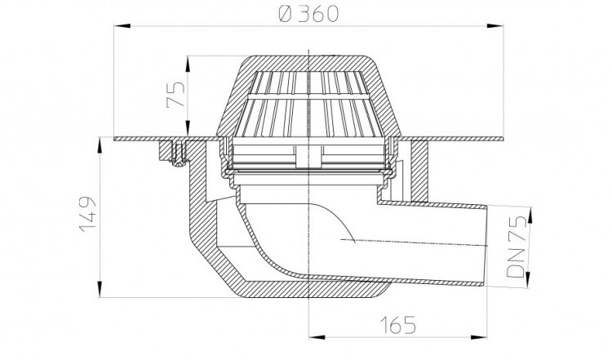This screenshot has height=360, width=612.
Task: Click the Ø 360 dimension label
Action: point(308,14)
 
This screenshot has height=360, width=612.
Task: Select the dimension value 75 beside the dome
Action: point(175,94)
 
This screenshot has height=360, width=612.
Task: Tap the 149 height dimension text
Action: point(87,214)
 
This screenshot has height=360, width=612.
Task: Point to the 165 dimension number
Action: point(397,325)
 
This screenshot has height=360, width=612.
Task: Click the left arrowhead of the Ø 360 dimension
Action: point(122,26)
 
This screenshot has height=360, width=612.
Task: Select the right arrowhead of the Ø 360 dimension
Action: point(495,26)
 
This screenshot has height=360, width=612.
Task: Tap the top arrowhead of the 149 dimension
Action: point(100,145)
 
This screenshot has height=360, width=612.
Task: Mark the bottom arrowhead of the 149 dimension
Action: point(100,289)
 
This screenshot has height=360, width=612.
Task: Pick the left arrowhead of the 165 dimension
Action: point(317,336)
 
